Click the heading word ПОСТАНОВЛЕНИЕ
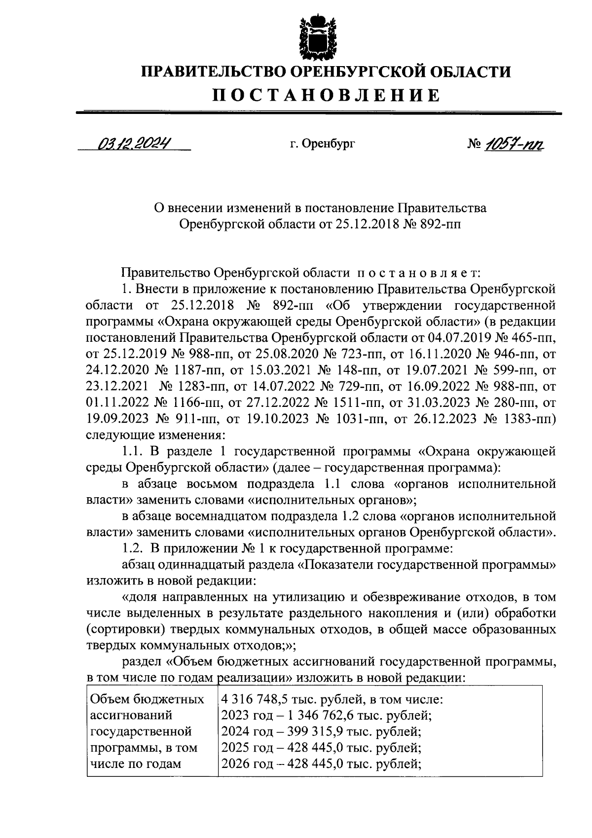click(326, 95)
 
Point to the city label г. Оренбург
click(322, 144)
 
